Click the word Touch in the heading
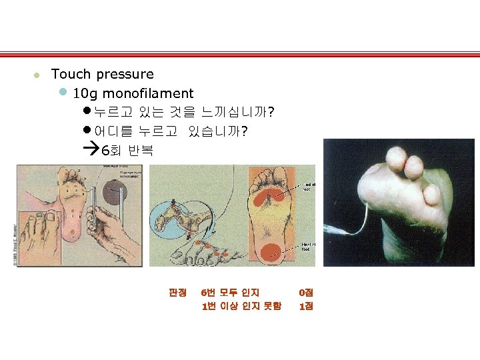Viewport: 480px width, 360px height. pyautogui.click(x=71, y=74)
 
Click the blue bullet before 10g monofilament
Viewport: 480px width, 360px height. pyautogui.click(x=63, y=92)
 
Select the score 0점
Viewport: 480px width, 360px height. pyautogui.click(x=306, y=293)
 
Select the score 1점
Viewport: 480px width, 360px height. pyautogui.click(x=306, y=307)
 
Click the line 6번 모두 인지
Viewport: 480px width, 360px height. pyautogui.click(x=231, y=293)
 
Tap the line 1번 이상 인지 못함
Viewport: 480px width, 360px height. pyautogui.click(x=241, y=307)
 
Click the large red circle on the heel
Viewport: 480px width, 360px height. pyautogui.click(x=270, y=251)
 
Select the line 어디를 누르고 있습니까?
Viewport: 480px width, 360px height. pyautogui.click(x=171, y=131)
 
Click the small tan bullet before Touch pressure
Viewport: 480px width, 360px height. pyautogui.click(x=39, y=75)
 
